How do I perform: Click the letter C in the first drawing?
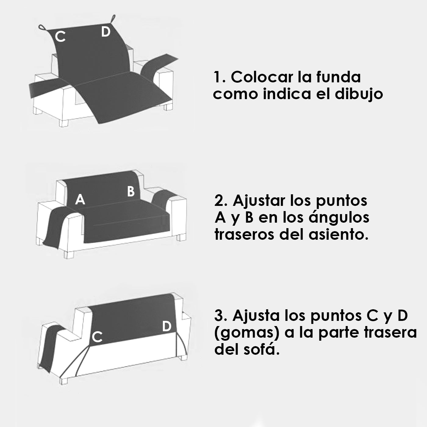coord(60,37)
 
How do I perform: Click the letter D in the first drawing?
coord(106,31)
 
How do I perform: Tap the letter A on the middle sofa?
coord(80,199)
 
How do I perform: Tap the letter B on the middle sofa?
coord(131,191)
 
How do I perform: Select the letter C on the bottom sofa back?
coord(97,337)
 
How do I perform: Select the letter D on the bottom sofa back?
coord(167,326)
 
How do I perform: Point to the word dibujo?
coord(359,94)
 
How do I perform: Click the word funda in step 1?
coord(338,77)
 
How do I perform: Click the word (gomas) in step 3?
coord(247,333)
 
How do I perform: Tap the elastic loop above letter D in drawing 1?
coord(113,19)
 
